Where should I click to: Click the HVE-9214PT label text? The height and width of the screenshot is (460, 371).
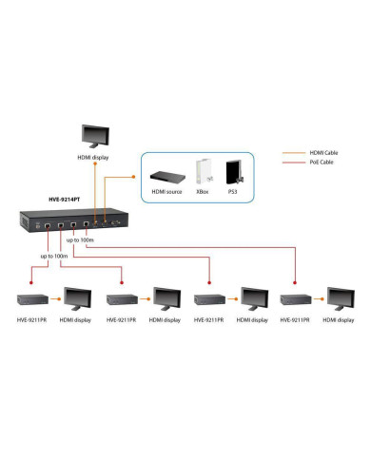click(66, 201)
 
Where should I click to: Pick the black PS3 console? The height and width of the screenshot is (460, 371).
click(231, 171)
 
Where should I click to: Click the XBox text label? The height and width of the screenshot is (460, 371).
click(203, 192)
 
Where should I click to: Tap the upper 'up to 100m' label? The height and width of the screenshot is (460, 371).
click(81, 240)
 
